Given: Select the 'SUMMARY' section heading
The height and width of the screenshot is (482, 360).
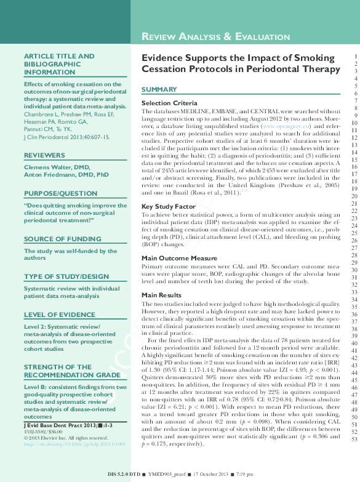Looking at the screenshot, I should click(x=159, y=90).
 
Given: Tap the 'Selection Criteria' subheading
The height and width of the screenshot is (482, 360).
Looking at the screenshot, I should click(x=169, y=102).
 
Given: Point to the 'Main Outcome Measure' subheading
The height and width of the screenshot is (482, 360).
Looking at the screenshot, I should click(x=179, y=258).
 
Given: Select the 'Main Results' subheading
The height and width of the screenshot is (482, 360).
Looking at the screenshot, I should click(x=162, y=295).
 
